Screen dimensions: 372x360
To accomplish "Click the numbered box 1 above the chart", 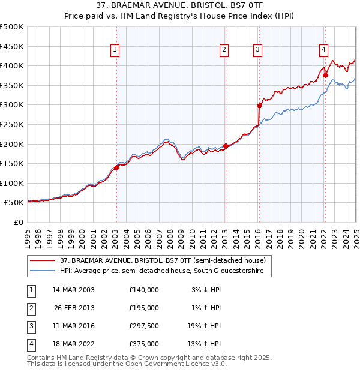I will pyautogui.click(x=115, y=50).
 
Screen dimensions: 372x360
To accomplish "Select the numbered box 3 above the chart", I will pyautogui.click(x=257, y=50).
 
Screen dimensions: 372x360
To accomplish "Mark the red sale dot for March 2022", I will pyautogui.click(x=325, y=75).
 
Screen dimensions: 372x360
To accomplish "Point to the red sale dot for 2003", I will pyautogui.click(x=117, y=167).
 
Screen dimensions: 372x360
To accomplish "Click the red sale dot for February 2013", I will pyautogui.click(x=226, y=146).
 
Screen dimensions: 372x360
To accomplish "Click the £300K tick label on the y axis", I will pyautogui.click(x=12, y=105).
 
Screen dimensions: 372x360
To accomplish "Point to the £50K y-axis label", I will pyautogui.click(x=14, y=203).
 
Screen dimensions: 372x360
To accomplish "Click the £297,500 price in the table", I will pyautogui.click(x=144, y=327).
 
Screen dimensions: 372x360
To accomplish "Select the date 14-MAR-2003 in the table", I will pyautogui.click(x=74, y=290).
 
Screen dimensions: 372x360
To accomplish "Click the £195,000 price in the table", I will pyautogui.click(x=144, y=308).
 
